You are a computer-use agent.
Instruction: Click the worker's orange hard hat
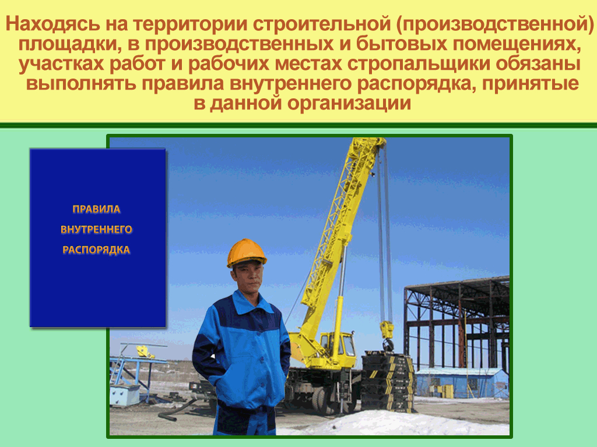247,253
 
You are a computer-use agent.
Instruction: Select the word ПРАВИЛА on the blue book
96,209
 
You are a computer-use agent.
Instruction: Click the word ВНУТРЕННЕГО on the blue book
96,229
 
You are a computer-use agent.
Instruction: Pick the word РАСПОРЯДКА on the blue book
96,250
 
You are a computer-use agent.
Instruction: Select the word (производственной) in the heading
494,24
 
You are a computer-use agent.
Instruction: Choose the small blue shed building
462,383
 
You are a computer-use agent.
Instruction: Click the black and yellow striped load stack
387,382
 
